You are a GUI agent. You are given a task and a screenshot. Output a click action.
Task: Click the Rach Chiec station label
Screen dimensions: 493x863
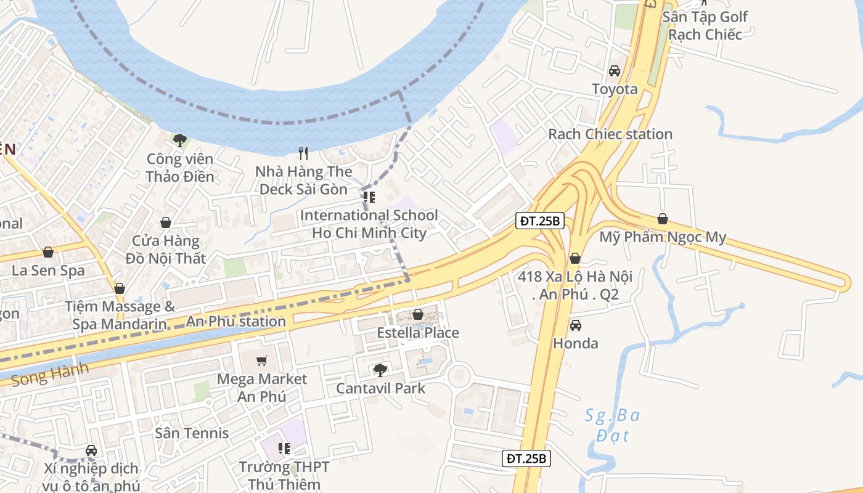coord(610,134)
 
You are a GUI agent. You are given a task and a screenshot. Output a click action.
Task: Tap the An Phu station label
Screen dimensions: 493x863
coord(236,321)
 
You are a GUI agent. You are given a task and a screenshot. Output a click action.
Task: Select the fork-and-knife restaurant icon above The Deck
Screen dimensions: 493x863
coord(303,153)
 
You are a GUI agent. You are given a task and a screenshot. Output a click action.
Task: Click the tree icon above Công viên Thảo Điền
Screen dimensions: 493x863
coord(179,141)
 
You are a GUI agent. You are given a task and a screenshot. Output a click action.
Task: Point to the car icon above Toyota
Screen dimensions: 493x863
coord(615,70)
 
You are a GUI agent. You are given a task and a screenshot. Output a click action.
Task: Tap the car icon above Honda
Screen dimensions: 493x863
coord(575,325)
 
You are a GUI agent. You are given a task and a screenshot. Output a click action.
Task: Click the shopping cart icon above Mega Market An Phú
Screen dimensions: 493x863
coord(262,361)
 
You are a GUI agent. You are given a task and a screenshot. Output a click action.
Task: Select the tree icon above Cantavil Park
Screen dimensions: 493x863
coord(380,370)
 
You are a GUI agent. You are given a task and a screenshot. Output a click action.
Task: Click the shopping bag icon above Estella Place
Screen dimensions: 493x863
coord(418,314)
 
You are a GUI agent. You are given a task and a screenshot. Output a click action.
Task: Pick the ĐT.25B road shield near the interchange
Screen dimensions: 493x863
coord(540,220)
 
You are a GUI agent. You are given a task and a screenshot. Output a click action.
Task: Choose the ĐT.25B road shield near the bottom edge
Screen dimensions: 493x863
coord(526,458)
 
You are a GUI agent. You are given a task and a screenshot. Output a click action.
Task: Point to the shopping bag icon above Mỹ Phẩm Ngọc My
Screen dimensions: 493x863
coord(663,218)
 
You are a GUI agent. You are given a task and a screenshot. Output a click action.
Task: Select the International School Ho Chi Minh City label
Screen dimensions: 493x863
coord(369,224)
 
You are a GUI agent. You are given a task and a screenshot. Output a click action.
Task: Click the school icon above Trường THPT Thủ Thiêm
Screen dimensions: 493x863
coord(284,448)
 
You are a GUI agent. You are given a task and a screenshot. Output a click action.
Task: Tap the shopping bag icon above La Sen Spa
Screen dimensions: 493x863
coord(48,252)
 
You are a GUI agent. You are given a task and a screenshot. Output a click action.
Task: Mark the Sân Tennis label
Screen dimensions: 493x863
coord(192,433)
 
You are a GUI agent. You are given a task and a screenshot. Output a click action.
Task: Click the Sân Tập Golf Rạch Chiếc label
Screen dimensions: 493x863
coord(705,25)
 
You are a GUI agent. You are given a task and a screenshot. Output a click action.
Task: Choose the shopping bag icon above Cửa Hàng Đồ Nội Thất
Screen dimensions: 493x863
coord(165,222)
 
